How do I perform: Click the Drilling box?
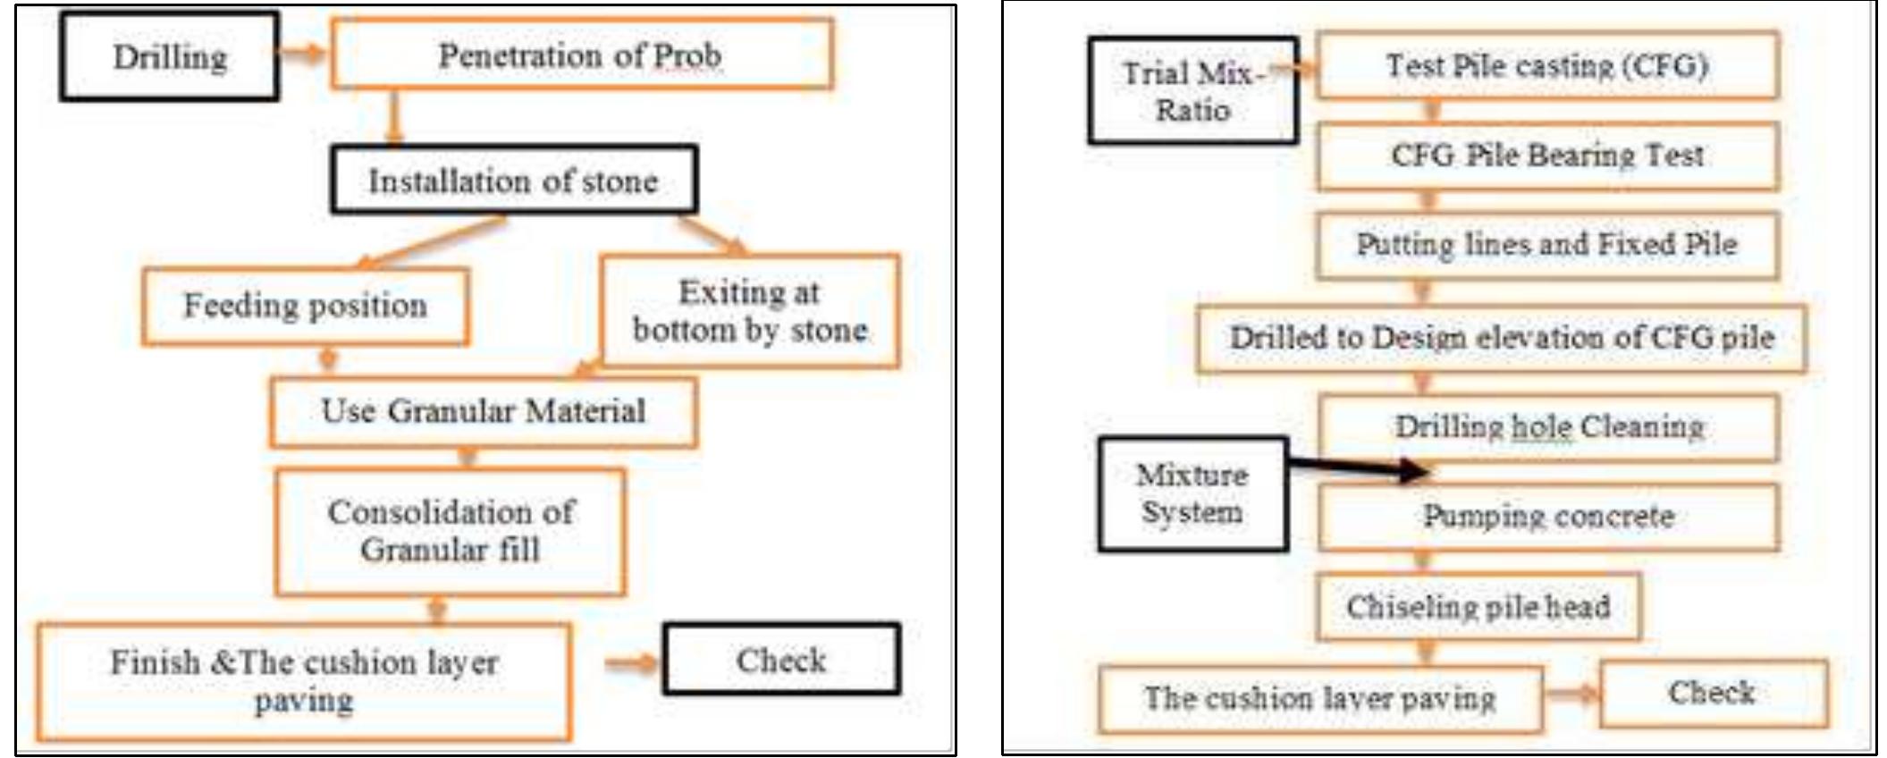pos(169,56)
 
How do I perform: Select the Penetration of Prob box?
pos(581,55)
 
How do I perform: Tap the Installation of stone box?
pos(514,181)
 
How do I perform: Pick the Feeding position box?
pos(305,306)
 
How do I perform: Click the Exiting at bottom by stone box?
pos(750,311)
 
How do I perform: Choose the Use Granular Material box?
pos(483,411)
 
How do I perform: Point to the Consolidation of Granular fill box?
pos(451,531)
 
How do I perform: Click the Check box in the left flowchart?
pos(781,660)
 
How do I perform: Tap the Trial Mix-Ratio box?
pos(1192,90)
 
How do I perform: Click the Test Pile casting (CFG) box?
pos(1547,65)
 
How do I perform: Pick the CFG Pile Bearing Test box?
pos(1547,156)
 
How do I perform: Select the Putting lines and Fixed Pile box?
pos(1547,244)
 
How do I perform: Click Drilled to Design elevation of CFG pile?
pos(1502,338)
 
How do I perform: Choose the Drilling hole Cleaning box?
pos(1549,427)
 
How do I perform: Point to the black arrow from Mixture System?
pos(1359,467)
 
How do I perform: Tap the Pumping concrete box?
pos(1549,517)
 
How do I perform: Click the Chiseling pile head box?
pos(1478,607)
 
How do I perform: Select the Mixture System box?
pos(1192,493)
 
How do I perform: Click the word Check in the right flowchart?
pos(1712,693)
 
